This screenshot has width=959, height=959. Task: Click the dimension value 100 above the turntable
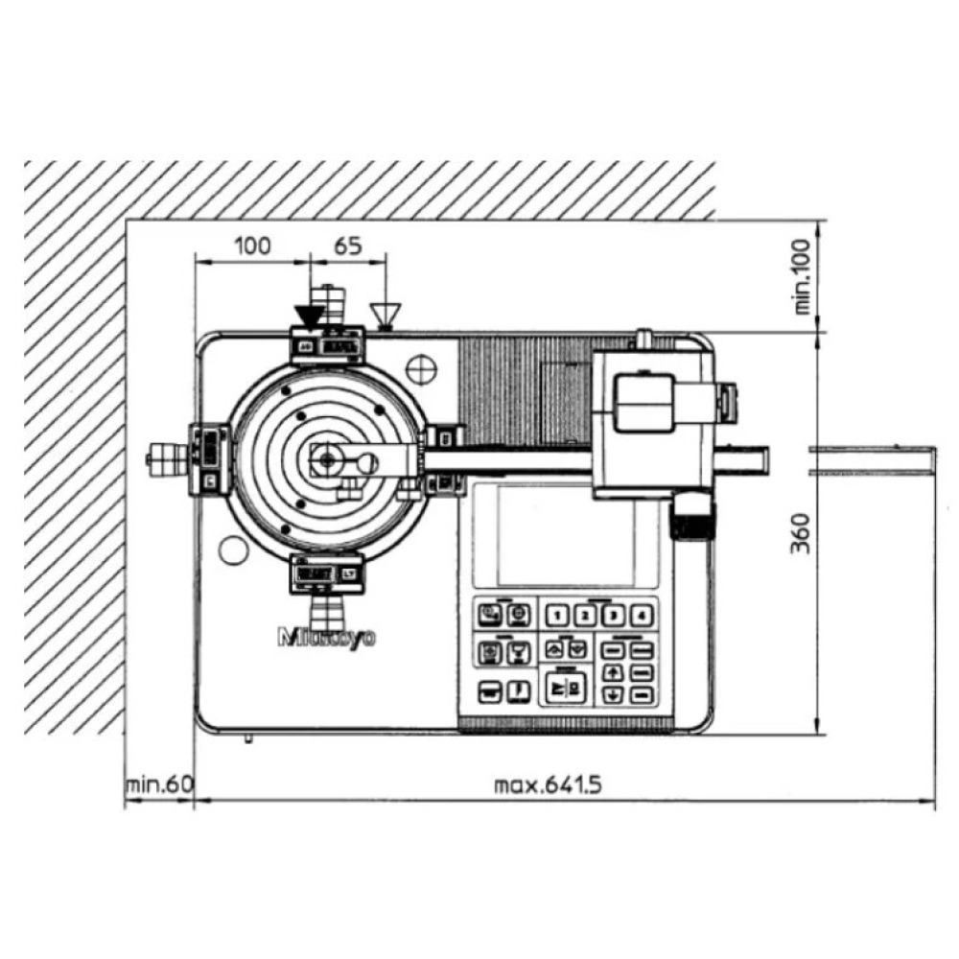[x=252, y=246]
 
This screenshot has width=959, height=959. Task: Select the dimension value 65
[x=348, y=246]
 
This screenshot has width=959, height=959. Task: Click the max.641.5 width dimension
[x=548, y=785]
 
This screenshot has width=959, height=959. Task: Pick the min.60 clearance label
[x=159, y=785]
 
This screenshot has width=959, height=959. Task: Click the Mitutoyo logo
[x=326, y=638]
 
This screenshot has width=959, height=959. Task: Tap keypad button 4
[x=637, y=617]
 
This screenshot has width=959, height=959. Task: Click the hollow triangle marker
[x=386, y=314]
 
